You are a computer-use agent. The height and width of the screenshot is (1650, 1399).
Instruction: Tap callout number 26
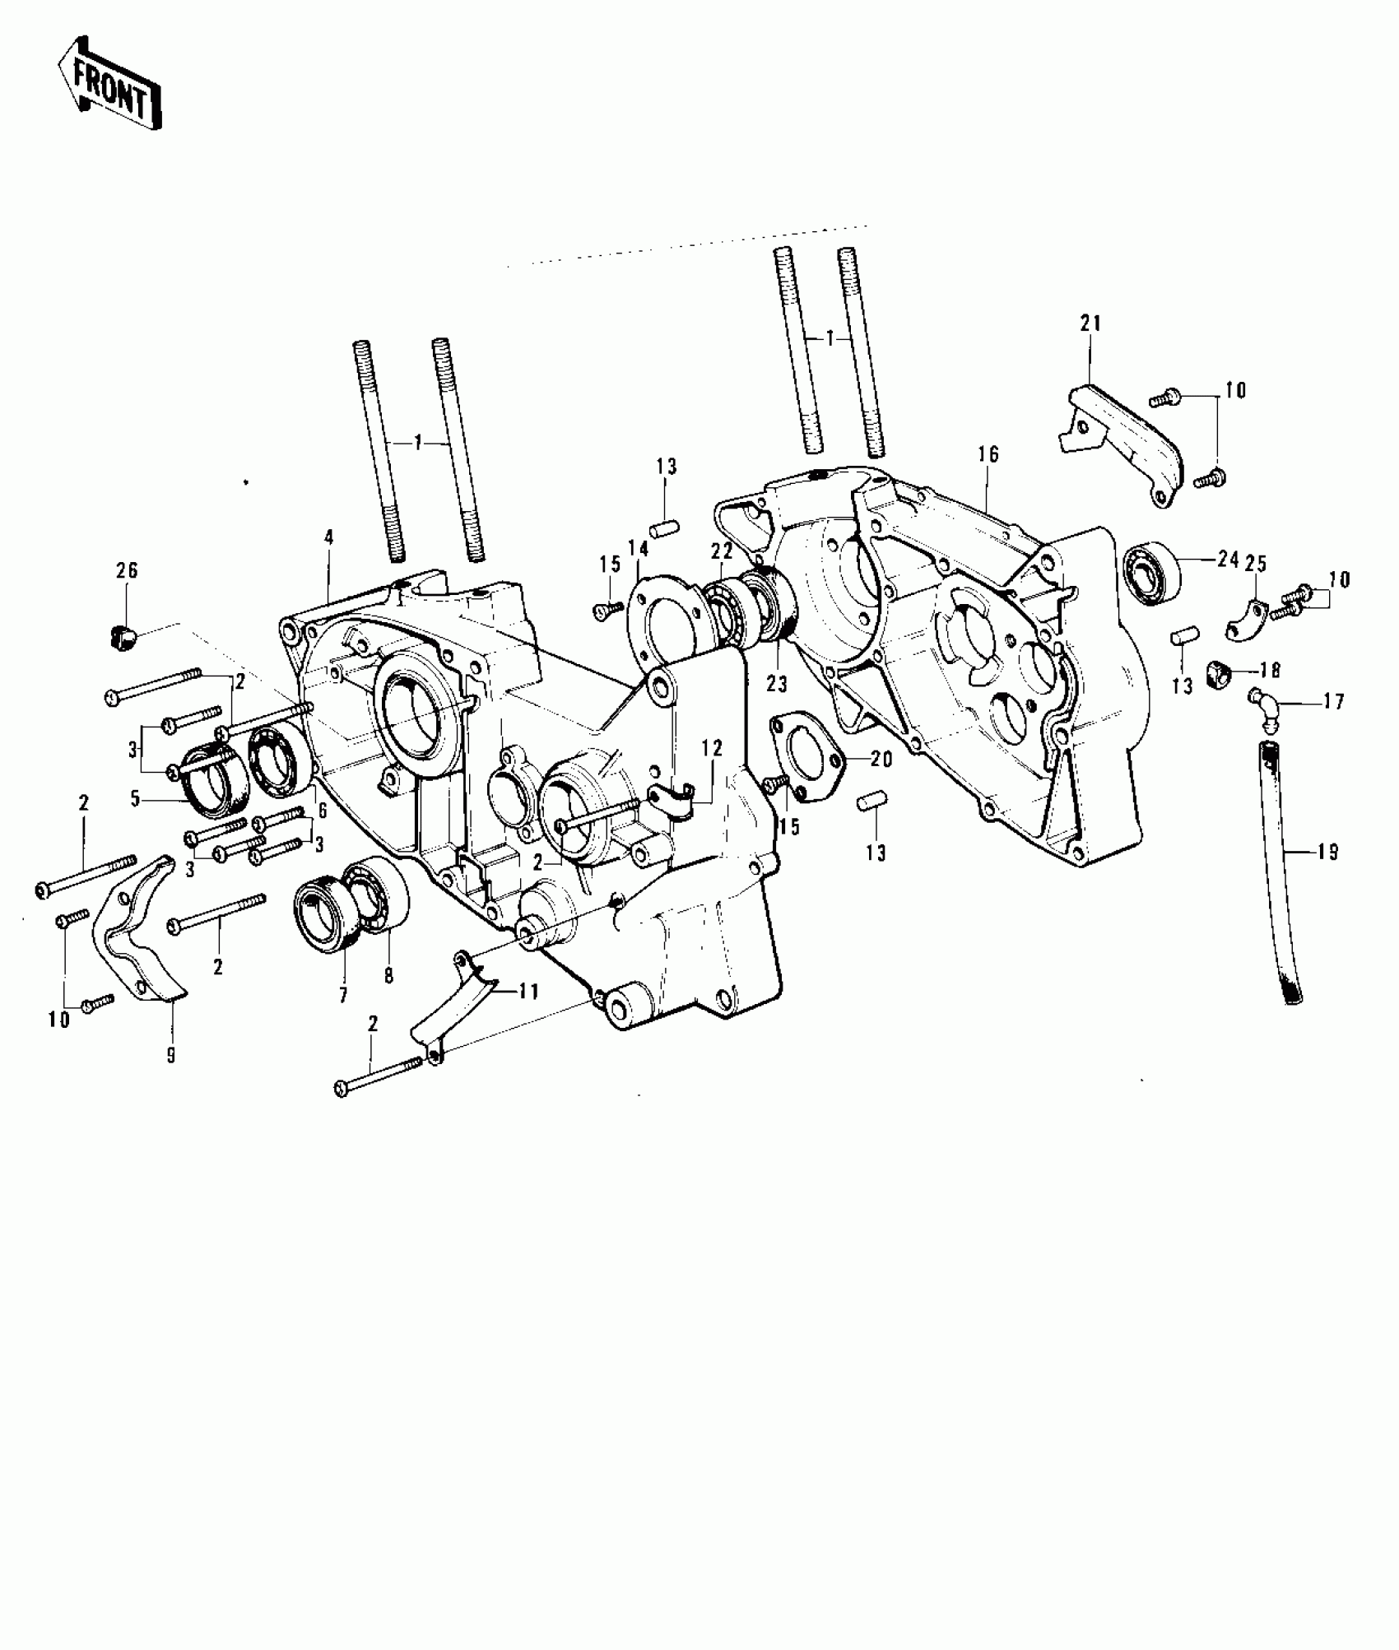(x=127, y=570)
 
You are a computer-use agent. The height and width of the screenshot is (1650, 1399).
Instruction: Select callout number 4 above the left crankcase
(x=328, y=538)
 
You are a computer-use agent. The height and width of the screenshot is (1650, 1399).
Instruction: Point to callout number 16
(x=988, y=453)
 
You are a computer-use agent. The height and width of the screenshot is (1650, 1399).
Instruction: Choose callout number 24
(x=1228, y=560)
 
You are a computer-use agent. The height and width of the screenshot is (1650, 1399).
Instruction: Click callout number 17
(x=1334, y=701)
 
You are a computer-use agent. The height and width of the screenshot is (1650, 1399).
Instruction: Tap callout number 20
(x=881, y=760)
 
